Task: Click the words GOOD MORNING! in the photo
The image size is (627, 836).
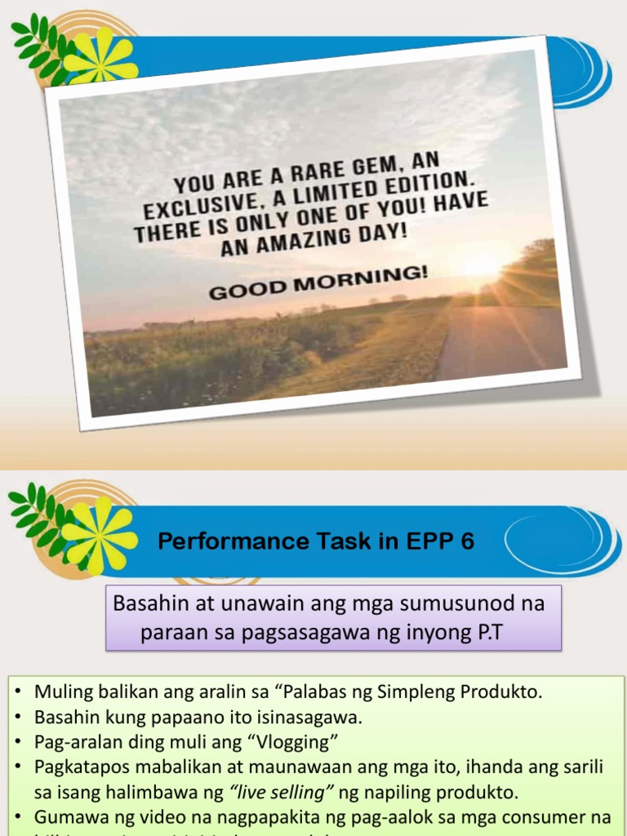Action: point(318,282)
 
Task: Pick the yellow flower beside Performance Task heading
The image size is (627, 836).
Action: point(99,535)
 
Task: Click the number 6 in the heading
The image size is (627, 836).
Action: point(468,541)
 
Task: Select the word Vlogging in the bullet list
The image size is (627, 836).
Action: point(290,743)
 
